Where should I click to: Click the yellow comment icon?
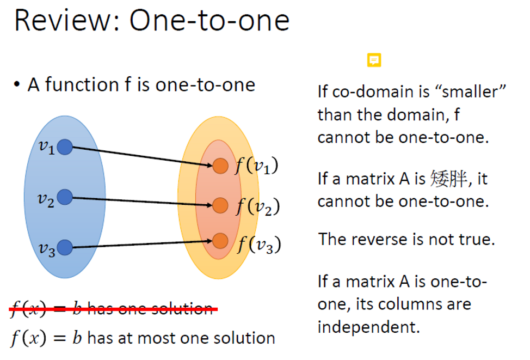click(374, 60)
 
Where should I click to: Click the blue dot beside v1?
click(65, 147)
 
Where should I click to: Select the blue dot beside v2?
click(65, 197)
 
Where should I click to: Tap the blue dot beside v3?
click(65, 248)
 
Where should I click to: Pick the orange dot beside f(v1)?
click(220, 166)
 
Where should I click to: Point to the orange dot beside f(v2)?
click(220, 205)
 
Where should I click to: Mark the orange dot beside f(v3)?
click(220, 240)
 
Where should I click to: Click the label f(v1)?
click(257, 166)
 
